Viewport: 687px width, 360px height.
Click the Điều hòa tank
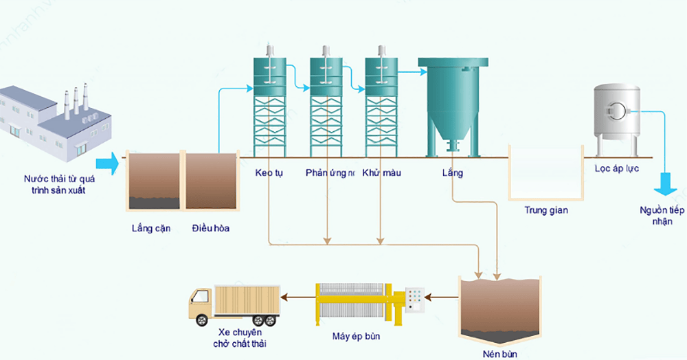pos(212,181)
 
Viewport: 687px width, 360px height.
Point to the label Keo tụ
pos(269,172)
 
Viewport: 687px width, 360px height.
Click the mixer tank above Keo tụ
pos(270,73)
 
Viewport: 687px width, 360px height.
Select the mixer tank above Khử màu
pos(381,73)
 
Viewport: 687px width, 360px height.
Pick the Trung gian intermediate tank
pos(545,172)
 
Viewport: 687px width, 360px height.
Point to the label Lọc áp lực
pos(617,168)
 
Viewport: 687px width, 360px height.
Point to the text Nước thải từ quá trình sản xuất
pos(58,184)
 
